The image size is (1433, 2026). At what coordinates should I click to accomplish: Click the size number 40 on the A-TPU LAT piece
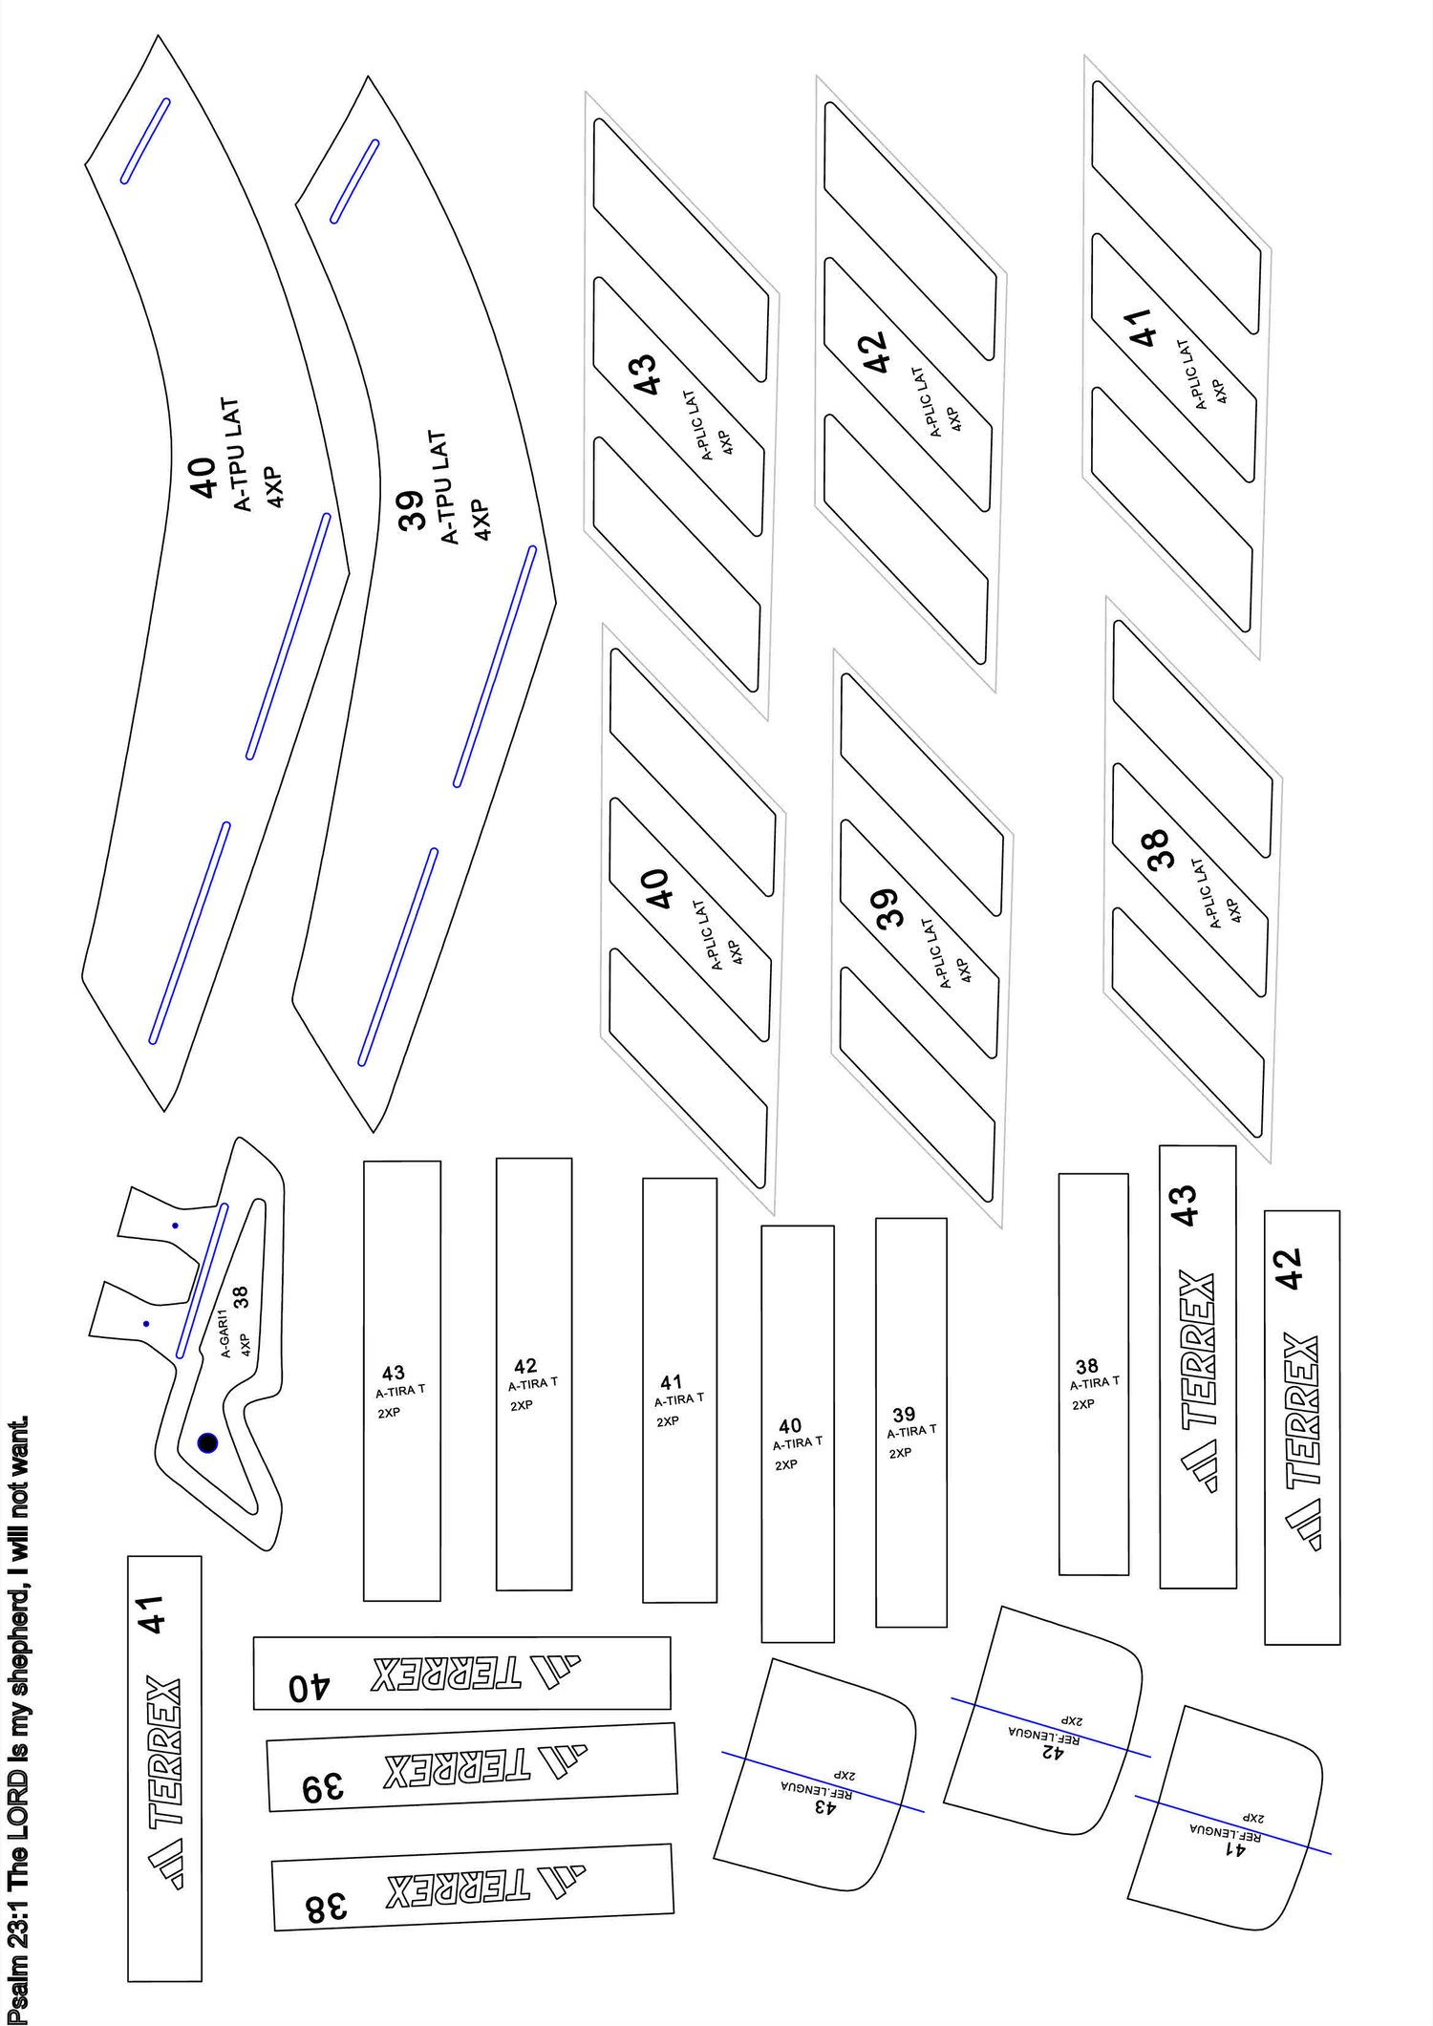[202, 478]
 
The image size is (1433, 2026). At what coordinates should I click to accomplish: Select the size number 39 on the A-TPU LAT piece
[411, 510]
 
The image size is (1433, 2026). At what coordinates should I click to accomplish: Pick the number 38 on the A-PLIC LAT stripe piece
[1158, 849]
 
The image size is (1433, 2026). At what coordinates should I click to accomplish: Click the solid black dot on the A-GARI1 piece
[207, 1443]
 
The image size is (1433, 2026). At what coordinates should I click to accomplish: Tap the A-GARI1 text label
[225, 1333]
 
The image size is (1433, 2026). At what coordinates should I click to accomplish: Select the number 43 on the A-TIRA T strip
[394, 1373]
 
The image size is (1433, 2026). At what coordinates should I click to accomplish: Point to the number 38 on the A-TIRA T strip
[1087, 1366]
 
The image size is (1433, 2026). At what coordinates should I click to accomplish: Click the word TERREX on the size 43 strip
[1198, 1350]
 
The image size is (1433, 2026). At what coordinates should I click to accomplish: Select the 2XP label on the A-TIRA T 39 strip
[901, 1453]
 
